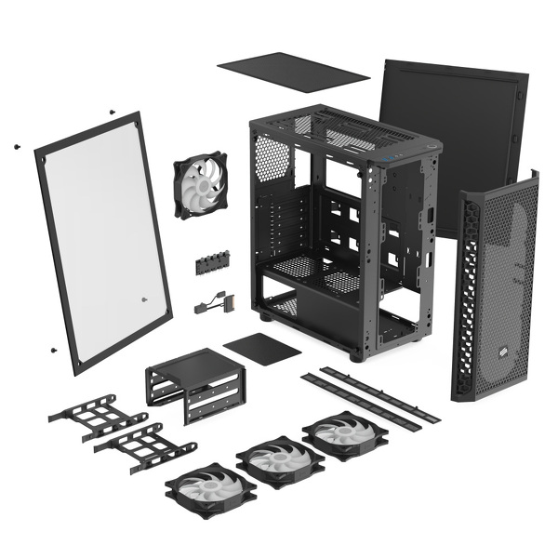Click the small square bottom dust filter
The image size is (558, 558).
tap(262, 348)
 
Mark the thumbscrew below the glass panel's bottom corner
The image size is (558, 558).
tap(52, 350)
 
